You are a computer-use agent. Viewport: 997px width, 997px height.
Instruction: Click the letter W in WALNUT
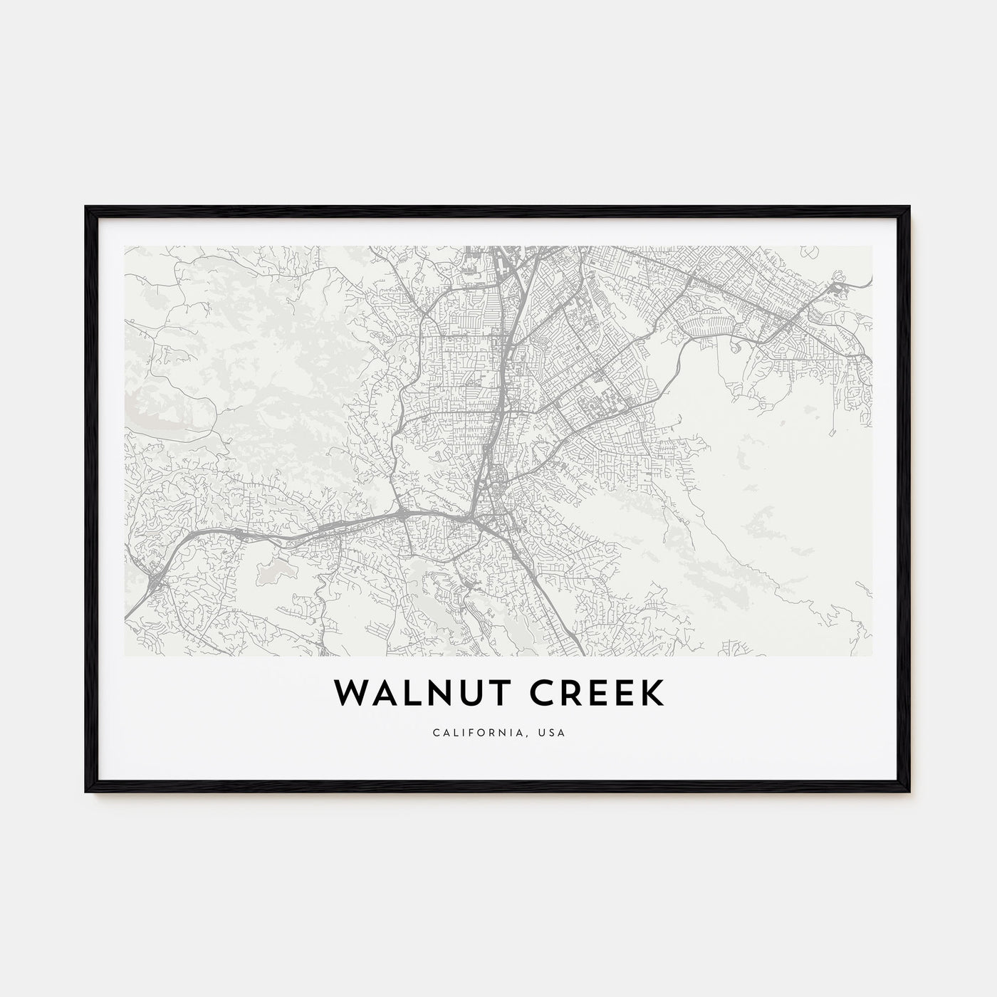(346, 694)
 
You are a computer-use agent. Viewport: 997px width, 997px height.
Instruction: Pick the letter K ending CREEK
(652, 694)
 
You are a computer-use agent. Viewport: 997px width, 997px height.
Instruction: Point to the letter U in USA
(546, 732)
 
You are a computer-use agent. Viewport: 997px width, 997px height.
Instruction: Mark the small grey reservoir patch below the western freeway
(276, 568)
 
